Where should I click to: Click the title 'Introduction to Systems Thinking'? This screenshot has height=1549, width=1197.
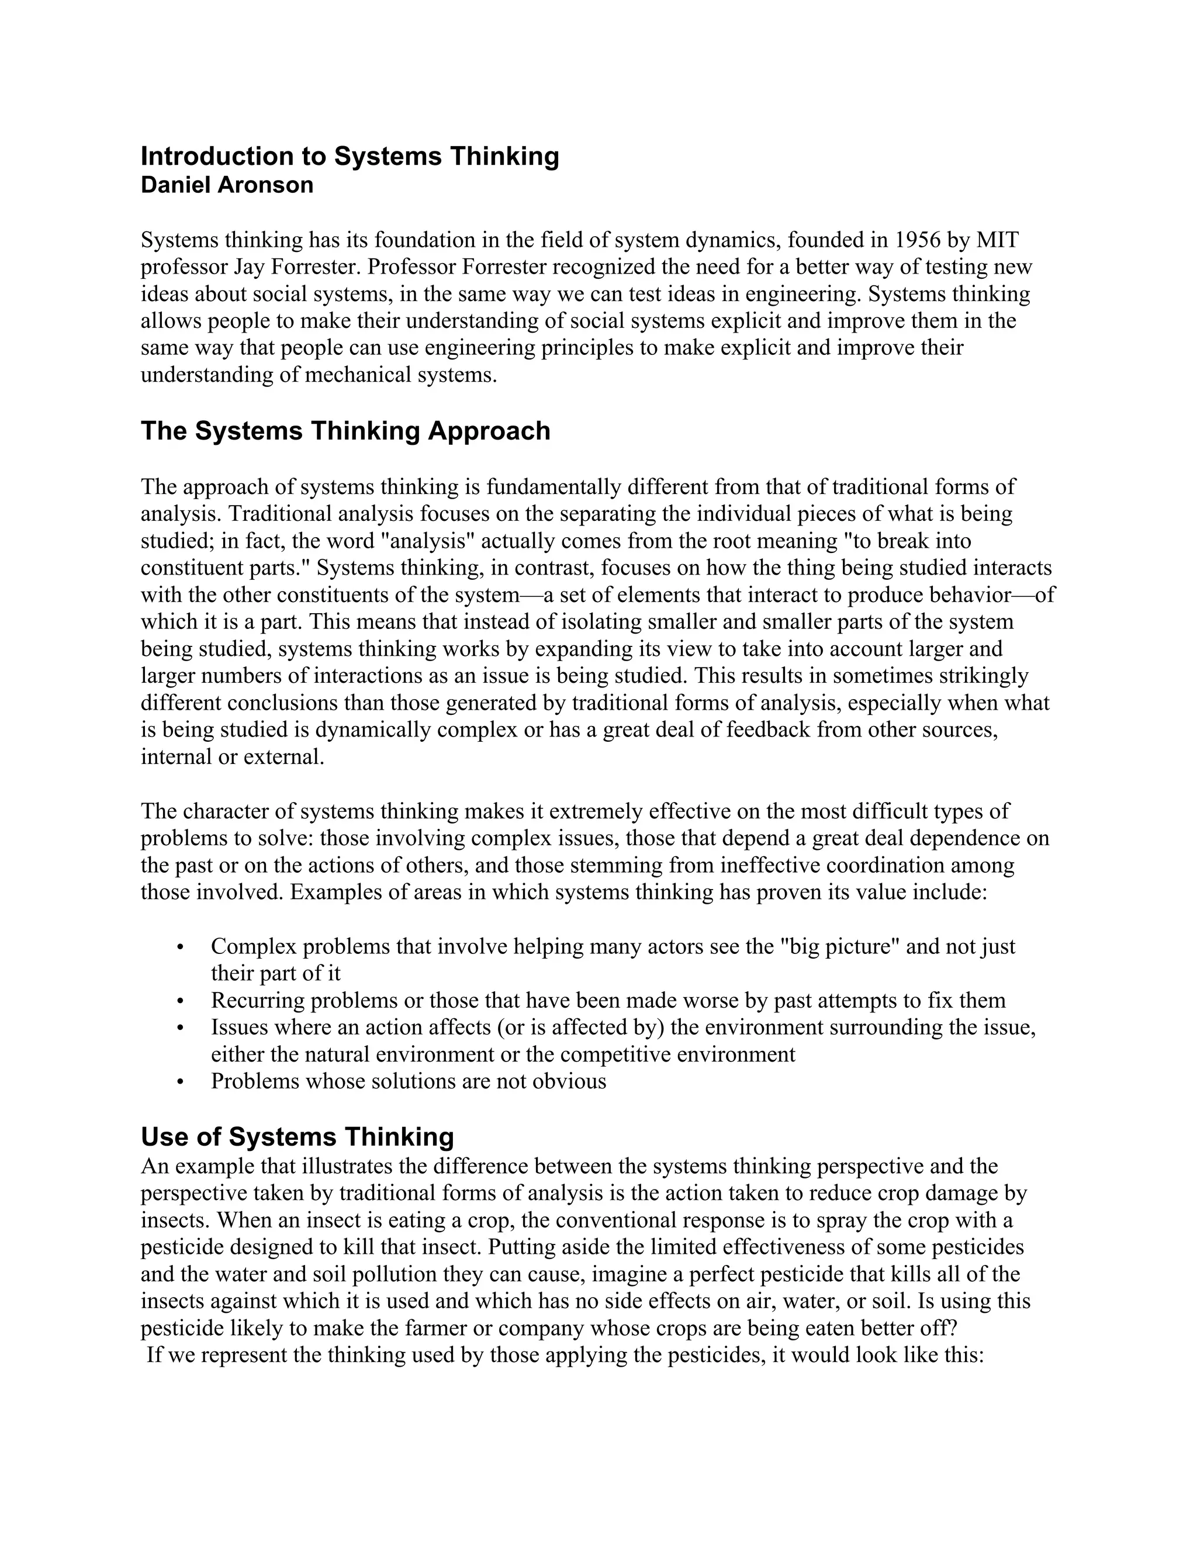click(350, 157)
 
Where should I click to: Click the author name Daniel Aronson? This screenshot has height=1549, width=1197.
click(227, 186)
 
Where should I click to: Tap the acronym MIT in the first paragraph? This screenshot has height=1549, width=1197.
click(997, 240)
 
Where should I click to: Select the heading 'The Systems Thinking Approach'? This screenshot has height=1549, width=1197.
click(345, 431)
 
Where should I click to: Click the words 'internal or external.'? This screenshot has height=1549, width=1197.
click(233, 758)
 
